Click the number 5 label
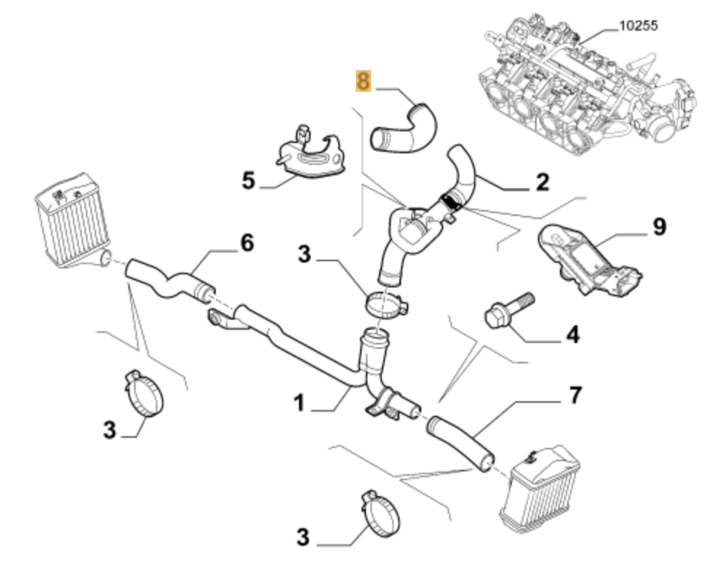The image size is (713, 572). [x=249, y=180]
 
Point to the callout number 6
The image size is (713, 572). [x=247, y=243]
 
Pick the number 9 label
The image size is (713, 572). [x=658, y=227]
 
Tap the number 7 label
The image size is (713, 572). [x=575, y=395]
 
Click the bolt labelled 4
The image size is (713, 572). [x=508, y=309]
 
